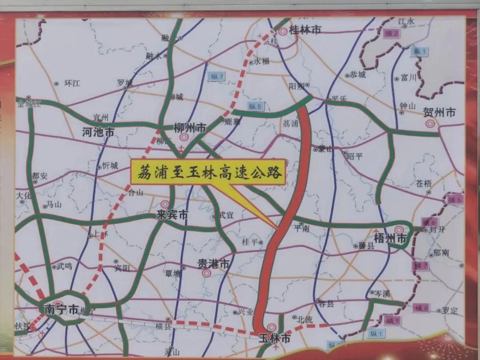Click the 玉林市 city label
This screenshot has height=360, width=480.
point(275,339)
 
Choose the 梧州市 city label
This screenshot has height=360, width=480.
point(391,239)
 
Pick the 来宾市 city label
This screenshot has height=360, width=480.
point(172,215)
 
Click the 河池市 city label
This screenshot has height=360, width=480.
point(99,132)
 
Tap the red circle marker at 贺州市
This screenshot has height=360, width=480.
point(430,124)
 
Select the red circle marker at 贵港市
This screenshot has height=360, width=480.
point(206,273)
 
